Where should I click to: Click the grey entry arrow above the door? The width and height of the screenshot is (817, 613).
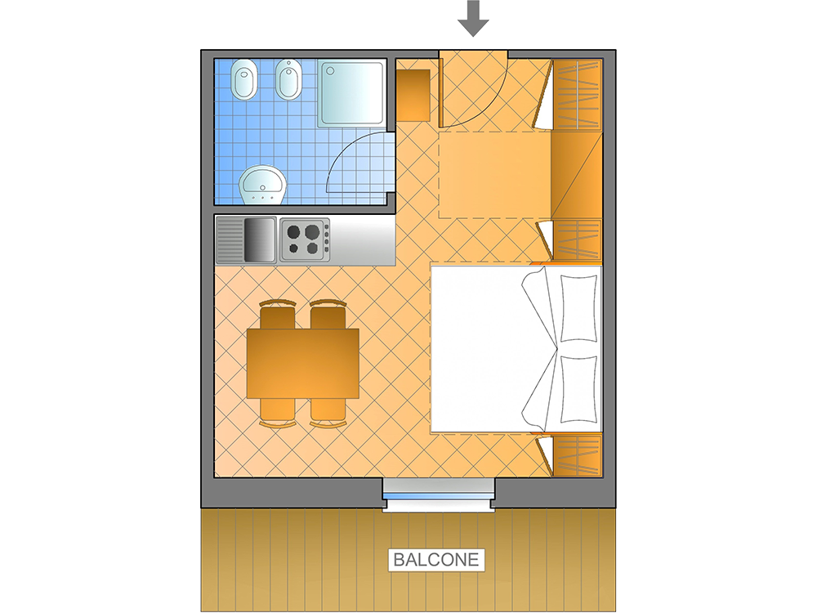(x=473, y=19)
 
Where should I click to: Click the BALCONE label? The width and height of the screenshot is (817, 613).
(x=436, y=559)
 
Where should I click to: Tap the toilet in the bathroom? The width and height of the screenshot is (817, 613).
(x=244, y=80)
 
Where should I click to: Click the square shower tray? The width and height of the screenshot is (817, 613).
(x=351, y=94)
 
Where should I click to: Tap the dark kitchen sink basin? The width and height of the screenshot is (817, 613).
(x=260, y=239)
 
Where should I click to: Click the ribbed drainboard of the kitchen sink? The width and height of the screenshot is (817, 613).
(x=230, y=239)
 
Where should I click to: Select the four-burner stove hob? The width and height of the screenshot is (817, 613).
(x=305, y=239)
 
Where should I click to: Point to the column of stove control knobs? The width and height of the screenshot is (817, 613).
(x=326, y=239)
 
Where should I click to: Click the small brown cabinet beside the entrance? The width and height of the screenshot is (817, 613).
(x=413, y=96)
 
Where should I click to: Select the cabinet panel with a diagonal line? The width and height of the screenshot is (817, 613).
(x=577, y=175)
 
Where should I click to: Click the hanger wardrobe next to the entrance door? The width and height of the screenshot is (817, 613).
(x=578, y=94)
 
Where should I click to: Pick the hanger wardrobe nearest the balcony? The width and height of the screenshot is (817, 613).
(x=578, y=454)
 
